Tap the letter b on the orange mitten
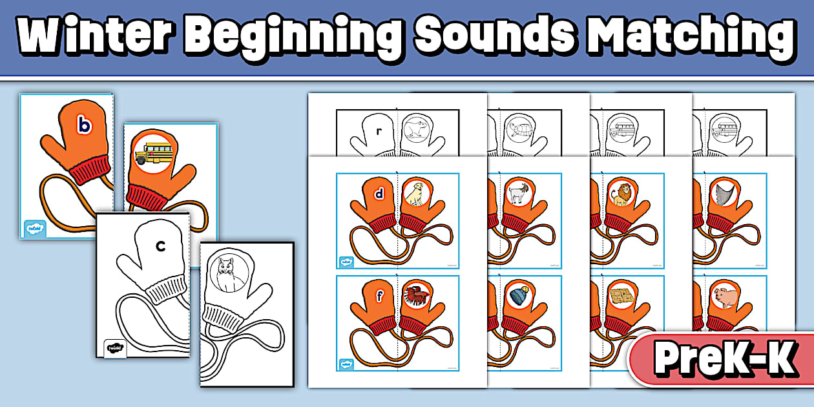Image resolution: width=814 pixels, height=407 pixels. click(83, 123)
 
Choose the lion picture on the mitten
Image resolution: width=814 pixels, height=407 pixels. click(620, 193)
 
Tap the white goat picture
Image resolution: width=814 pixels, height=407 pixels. click(517, 193)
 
